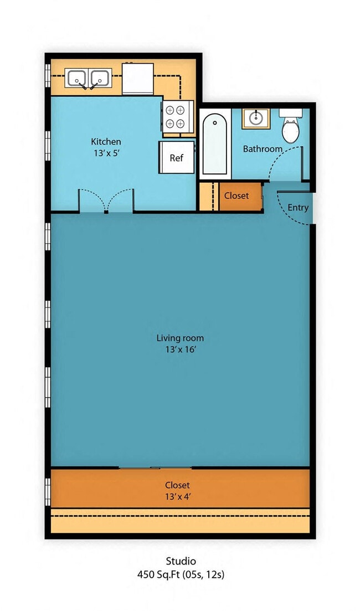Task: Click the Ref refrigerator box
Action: pos(177,158)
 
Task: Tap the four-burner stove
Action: pos(178,117)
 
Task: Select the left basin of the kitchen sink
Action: pos(77,78)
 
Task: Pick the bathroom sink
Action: pos(255,118)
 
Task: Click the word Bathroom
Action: pos(262,149)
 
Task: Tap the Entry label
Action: pos(298,208)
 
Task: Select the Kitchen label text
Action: pos(106,142)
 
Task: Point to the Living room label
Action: pos(180,338)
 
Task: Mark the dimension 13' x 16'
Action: pos(180,349)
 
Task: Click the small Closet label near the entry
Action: pos(236,196)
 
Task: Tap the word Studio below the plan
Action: pos(181,561)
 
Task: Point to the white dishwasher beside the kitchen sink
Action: pos(137,79)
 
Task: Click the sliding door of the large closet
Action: pos(155,468)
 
